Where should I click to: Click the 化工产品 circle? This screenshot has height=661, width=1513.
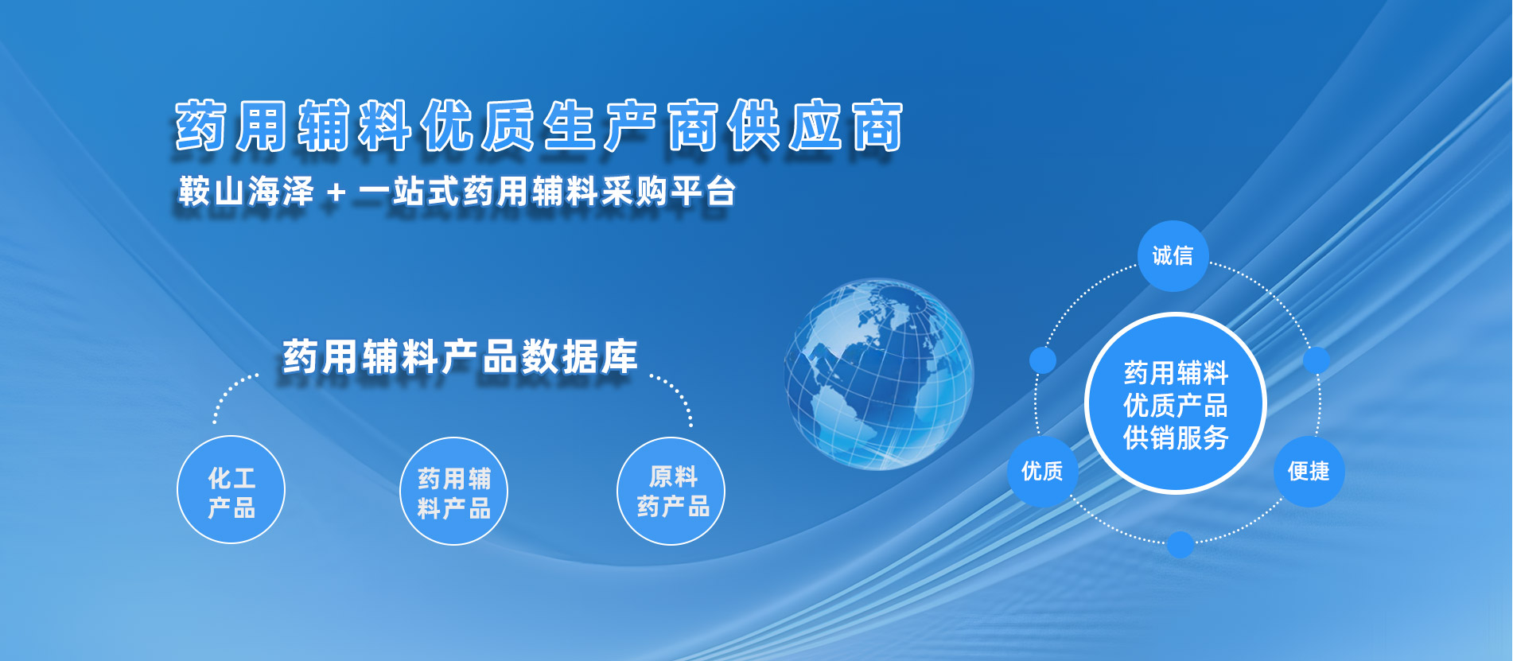231,490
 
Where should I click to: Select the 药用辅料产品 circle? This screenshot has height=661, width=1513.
453,492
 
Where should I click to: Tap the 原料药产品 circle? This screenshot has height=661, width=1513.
671,491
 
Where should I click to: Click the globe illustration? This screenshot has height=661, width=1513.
878,373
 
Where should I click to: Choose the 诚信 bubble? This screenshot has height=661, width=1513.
1173,256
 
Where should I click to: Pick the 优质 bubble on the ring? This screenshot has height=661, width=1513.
1043,472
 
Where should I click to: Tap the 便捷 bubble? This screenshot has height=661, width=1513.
1309,472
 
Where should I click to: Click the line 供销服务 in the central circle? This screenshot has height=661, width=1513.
1176,437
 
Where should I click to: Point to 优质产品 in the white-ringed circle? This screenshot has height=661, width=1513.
1176,405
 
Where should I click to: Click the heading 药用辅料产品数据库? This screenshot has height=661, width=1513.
461,356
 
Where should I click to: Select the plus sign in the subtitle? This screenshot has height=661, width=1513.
336,192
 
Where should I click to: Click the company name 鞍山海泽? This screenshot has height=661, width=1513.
247,192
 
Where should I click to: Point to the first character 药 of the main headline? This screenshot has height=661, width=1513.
202,126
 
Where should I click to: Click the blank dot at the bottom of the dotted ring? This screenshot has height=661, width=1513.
1180,545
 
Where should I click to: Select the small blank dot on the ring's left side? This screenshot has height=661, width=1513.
1043,360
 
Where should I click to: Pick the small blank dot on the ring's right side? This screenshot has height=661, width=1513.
1317,360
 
